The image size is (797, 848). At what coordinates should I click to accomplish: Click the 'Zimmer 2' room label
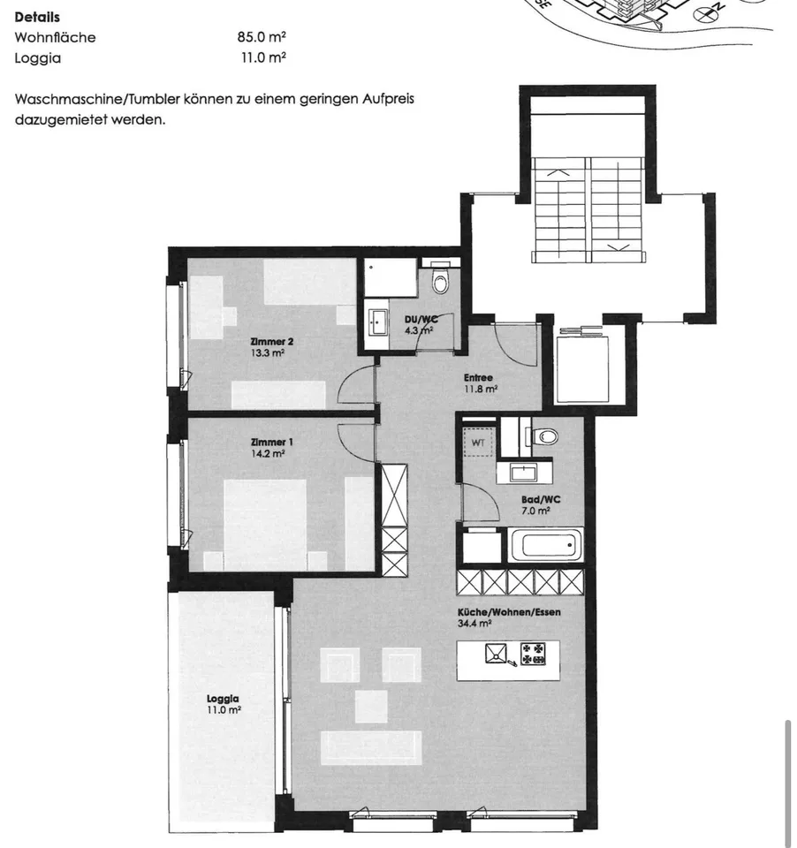tap(271, 341)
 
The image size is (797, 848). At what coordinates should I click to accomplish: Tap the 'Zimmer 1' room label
tap(271, 443)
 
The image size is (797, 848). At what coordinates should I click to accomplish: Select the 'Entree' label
tap(478, 377)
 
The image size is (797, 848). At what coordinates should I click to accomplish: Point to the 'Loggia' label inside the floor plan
tap(223, 699)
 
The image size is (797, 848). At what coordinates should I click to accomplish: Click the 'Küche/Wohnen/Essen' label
tap(509, 612)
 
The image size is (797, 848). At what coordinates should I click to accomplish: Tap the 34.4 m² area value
tap(474, 624)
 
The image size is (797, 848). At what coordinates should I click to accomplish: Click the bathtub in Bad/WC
tap(545, 545)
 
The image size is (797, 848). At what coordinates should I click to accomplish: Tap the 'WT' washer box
tap(478, 442)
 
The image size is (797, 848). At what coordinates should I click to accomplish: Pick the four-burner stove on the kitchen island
tap(533, 654)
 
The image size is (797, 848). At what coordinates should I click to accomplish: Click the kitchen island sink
tap(497, 654)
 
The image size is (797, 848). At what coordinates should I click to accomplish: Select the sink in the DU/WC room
tap(376, 323)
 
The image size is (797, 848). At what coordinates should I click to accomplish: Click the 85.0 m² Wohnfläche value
tap(262, 37)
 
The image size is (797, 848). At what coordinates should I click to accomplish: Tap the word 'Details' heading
tap(37, 17)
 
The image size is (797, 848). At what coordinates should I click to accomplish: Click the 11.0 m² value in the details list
tap(263, 57)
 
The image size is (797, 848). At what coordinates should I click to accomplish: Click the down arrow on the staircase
tap(619, 246)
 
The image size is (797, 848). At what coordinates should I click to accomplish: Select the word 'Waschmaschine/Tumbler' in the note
tap(97, 99)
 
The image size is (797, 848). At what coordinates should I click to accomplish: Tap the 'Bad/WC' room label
tap(541, 499)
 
